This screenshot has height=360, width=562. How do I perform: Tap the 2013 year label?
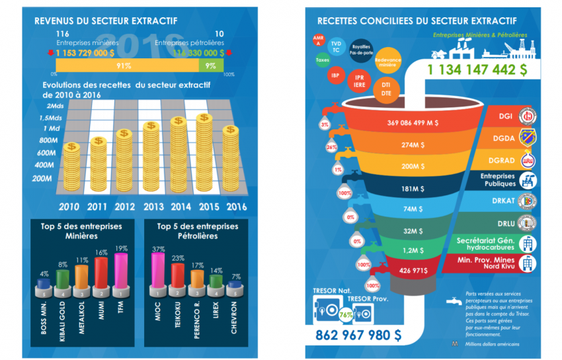click(x=153, y=206)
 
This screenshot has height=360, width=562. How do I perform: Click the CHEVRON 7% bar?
click(x=233, y=287)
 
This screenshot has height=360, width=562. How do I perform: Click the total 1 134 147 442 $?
click(x=477, y=69)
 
